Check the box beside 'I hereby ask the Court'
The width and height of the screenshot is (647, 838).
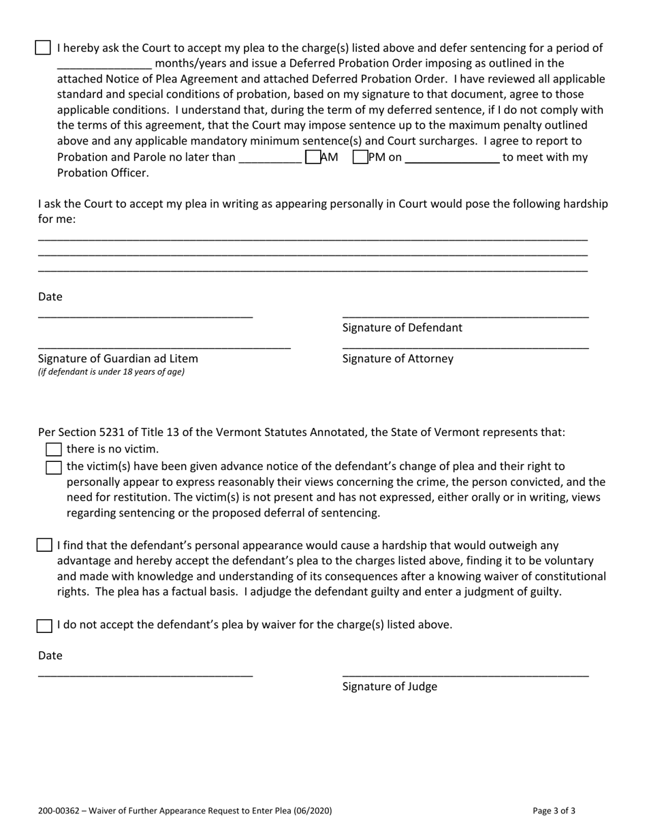[x=43, y=48]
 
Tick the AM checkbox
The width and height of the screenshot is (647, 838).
[x=313, y=157]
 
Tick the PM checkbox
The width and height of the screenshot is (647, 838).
[x=360, y=157]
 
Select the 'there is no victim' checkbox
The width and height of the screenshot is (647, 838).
[x=53, y=450]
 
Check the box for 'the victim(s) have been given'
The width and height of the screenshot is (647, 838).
[x=53, y=467]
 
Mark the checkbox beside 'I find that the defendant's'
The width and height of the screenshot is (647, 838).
[x=44, y=545]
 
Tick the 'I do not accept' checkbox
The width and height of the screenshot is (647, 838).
[x=44, y=625]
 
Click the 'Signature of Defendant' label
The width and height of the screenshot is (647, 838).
[x=402, y=328]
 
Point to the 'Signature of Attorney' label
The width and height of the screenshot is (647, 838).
[x=398, y=358]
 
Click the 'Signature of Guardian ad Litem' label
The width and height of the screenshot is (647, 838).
[x=118, y=358]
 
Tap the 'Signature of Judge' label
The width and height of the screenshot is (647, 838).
[x=390, y=686]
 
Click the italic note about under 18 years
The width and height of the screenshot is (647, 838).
[x=111, y=372]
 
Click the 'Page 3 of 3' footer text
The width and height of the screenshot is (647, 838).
[x=554, y=811]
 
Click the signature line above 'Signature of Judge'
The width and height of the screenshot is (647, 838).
[x=465, y=674]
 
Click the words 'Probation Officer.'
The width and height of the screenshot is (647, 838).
[x=102, y=173]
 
